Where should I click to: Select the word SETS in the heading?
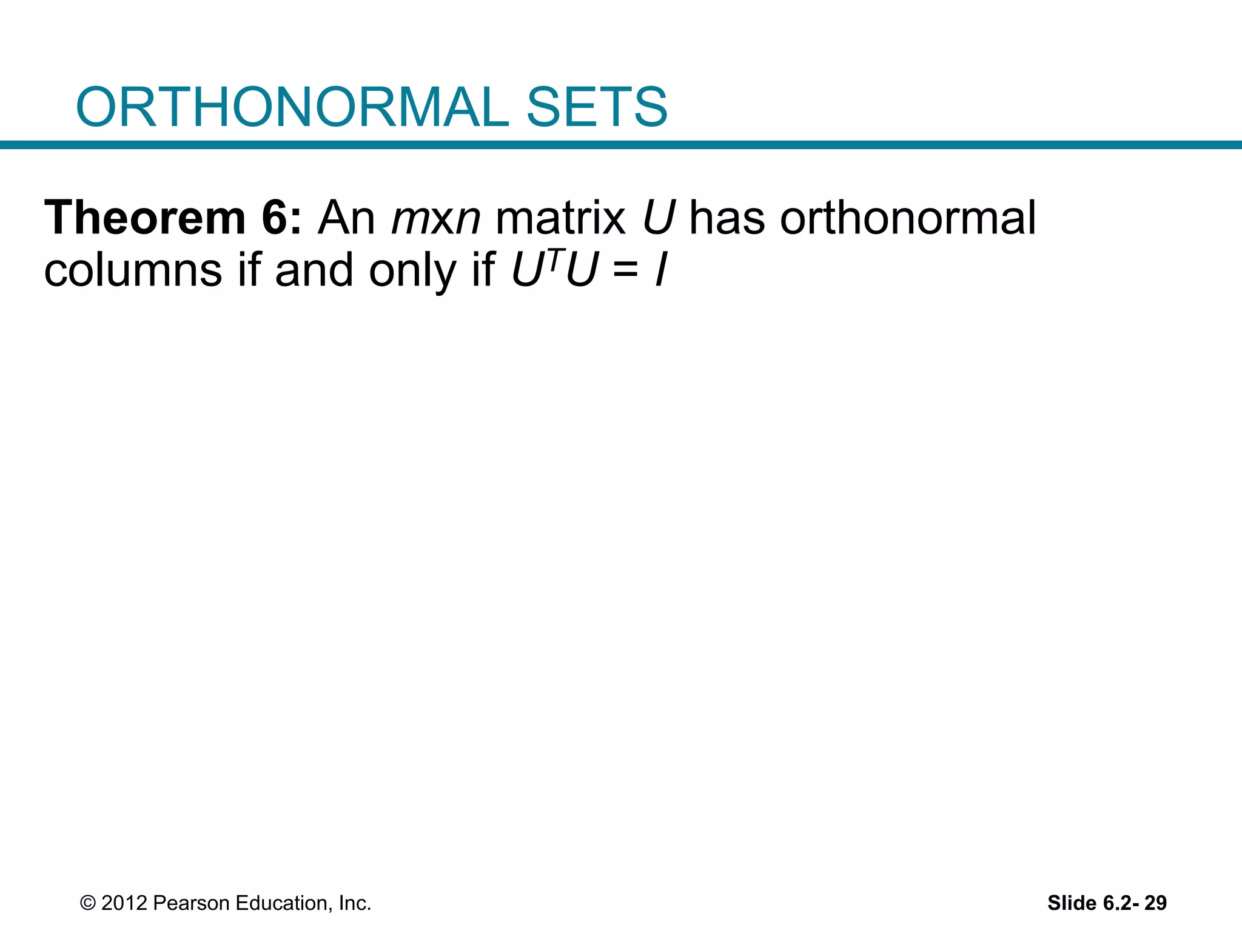tap(597, 107)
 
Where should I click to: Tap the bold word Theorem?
tap(144, 218)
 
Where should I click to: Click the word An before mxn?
tap(346, 218)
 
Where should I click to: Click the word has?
tap(727, 218)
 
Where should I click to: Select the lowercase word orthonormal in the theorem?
tap(908, 218)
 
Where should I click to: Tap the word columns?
tap(133, 270)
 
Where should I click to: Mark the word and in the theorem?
tap(314, 270)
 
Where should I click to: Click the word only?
tap(412, 270)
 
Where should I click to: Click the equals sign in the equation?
tap(625, 271)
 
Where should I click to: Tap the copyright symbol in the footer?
tap(88, 903)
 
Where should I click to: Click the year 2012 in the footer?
tap(124, 903)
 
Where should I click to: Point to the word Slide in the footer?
tap(1072, 903)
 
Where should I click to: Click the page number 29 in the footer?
tap(1155, 903)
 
